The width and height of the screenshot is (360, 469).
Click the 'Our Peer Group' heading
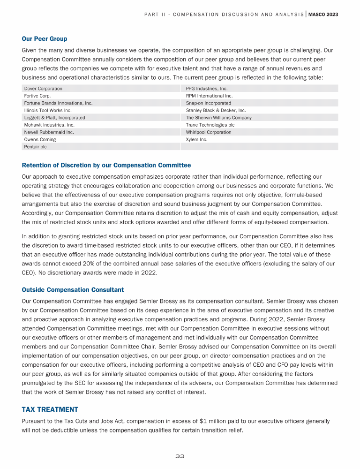[45, 38]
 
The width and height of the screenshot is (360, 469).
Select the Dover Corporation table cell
[43, 88]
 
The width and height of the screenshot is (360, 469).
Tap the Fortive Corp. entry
[37, 96]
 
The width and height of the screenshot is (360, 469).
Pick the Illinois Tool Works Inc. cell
[48, 110]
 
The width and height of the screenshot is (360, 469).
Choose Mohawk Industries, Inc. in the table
[49, 125]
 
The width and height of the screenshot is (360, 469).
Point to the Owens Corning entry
[40, 139]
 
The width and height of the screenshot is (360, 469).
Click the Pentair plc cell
[35, 147]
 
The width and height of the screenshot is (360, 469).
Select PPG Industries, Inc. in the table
[207, 88]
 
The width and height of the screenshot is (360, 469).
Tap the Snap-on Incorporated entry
[208, 103]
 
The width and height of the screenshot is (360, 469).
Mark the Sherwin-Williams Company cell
[218, 118]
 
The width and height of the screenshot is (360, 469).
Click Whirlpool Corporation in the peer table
[209, 132]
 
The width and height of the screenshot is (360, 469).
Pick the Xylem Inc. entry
[196, 139]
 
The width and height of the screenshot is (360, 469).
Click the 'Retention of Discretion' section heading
[106, 165]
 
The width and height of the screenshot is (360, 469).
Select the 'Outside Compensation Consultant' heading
[73, 289]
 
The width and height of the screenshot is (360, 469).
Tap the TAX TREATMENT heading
[50, 409]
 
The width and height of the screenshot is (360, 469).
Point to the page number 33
[180, 456]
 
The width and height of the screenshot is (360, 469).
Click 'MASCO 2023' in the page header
[323, 15]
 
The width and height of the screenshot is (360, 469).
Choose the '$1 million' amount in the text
[210, 421]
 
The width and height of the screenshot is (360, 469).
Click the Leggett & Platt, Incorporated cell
[54, 118]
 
